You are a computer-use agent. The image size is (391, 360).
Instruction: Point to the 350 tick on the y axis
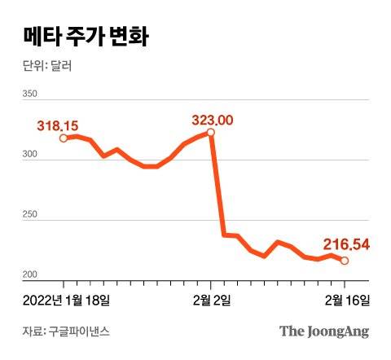point(29,94)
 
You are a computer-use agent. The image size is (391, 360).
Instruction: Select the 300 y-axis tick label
point(29,154)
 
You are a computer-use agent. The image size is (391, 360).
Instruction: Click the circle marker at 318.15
point(64,138)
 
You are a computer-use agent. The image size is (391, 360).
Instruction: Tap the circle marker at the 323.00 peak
point(211,132)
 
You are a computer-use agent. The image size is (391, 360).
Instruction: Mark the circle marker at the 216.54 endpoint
point(345,261)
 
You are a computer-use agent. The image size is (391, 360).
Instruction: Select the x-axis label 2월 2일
point(211,300)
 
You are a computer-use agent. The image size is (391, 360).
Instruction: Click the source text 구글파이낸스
point(81,331)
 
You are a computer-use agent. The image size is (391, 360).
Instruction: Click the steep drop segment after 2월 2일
point(217,183)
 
